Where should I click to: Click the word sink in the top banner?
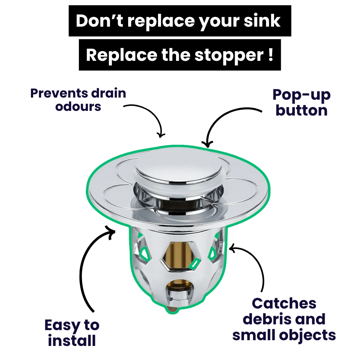[x=262, y=21]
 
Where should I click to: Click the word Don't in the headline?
[x=99, y=21]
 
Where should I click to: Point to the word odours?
[x=78, y=107]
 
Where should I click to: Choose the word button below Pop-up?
[x=301, y=111]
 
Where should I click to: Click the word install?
[x=72, y=341]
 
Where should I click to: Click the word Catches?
[x=284, y=303]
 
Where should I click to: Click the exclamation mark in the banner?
[x=271, y=55]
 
